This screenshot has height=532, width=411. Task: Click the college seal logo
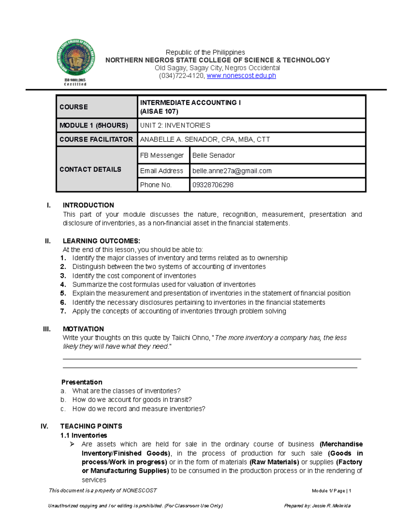75,58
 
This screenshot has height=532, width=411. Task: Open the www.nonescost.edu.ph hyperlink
241,76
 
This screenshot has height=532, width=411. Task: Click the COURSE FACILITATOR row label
96,139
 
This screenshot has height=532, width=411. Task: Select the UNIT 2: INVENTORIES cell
175,125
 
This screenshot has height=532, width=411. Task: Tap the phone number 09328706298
213,185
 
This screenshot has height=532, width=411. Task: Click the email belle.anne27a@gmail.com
232,171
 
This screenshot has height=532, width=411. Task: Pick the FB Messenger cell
162,155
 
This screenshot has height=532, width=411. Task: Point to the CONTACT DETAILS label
90,169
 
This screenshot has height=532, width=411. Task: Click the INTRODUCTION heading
88,205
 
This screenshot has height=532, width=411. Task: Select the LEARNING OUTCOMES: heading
101,241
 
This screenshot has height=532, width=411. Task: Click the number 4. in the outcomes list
63,285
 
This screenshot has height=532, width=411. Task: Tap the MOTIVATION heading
83,329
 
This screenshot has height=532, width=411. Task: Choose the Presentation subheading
82,382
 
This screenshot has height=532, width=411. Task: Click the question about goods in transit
132,400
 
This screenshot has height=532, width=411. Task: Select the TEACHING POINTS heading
91,426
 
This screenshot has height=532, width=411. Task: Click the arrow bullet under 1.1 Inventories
72,444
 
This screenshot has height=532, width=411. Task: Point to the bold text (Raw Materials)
274,462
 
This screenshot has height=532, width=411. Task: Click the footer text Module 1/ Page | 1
331,491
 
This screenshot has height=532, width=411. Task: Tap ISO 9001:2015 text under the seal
75,80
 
